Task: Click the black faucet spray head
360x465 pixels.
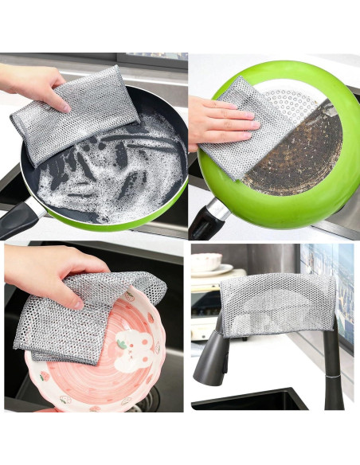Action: pos(212,358)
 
